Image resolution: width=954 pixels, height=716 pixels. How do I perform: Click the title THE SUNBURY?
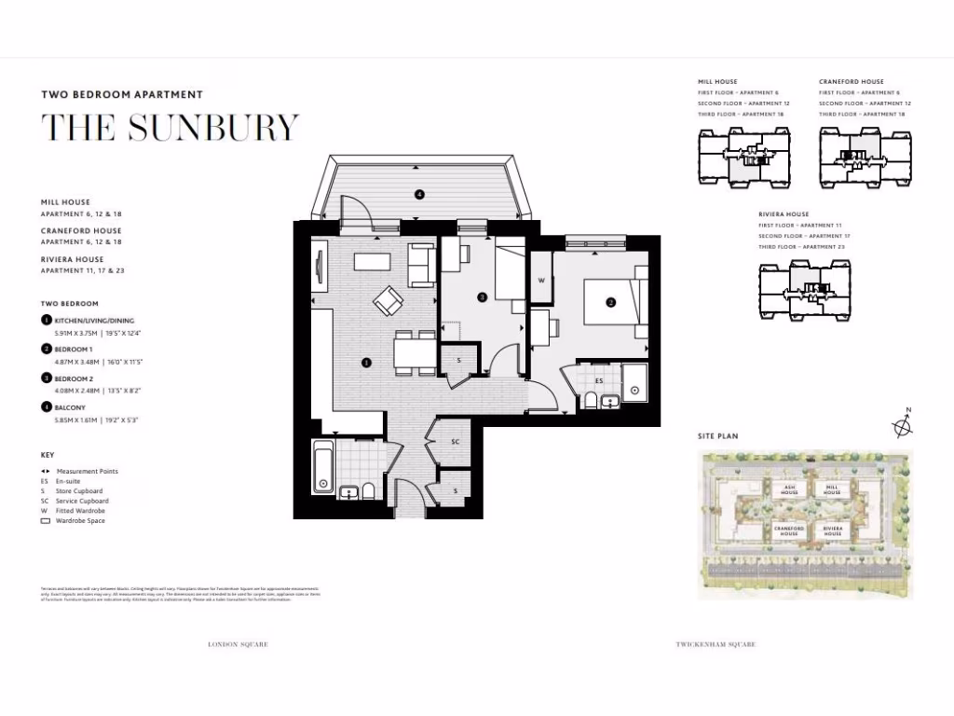(x=170, y=127)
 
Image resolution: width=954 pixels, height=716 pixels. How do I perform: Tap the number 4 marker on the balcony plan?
(x=419, y=194)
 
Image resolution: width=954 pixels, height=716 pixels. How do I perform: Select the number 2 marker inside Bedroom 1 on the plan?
(x=611, y=302)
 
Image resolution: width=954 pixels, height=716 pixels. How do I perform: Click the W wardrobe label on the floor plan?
(x=541, y=280)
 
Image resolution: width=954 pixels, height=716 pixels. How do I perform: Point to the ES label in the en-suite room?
(x=599, y=380)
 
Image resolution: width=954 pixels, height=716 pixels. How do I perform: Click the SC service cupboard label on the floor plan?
(x=456, y=441)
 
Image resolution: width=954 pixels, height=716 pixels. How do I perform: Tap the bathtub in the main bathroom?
(x=322, y=467)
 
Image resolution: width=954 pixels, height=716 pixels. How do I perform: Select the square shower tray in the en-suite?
(x=634, y=389)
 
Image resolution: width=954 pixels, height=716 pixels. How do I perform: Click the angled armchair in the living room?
(x=388, y=300)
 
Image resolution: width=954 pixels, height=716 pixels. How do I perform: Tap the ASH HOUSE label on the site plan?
(x=788, y=489)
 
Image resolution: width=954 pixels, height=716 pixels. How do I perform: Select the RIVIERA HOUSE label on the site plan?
(x=832, y=530)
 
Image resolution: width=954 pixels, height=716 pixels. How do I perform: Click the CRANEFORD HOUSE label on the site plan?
(x=788, y=530)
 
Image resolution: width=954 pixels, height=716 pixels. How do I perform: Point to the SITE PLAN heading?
(x=718, y=436)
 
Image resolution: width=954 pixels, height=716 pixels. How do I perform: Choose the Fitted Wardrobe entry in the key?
(x=80, y=511)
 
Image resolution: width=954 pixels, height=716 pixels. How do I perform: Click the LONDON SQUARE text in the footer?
(x=238, y=644)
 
